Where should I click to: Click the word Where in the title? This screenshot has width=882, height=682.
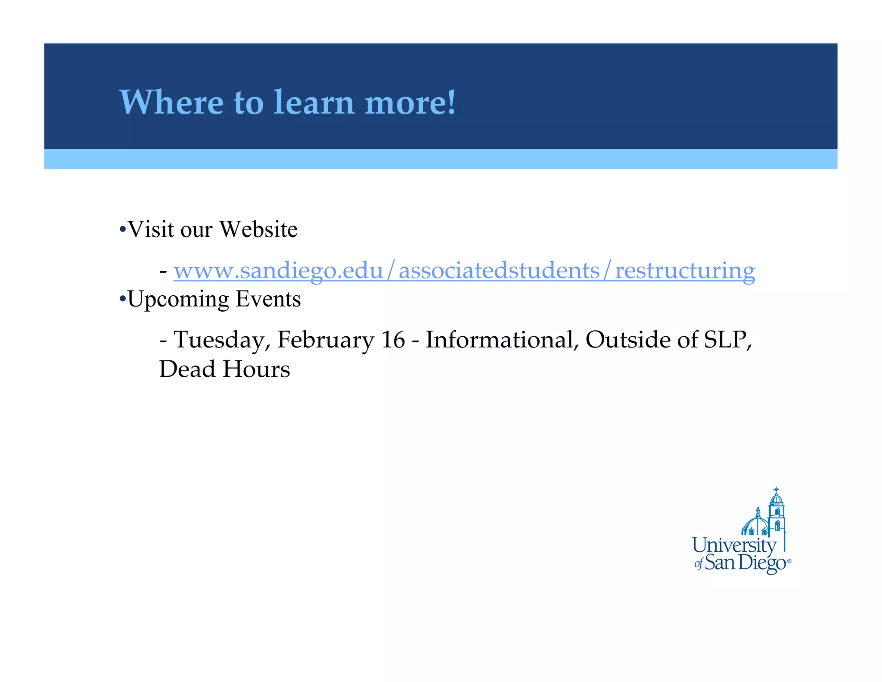point(171,103)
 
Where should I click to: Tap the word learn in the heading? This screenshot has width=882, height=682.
point(314,103)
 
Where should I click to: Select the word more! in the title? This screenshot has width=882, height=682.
point(410,103)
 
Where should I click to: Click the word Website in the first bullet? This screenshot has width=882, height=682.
point(258,229)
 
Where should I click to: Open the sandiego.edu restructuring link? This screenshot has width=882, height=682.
point(464,271)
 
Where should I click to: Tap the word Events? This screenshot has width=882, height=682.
point(268,299)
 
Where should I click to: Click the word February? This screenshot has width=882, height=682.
point(326,340)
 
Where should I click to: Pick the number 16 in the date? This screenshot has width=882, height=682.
point(393,340)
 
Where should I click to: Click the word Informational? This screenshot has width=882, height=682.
point(502,340)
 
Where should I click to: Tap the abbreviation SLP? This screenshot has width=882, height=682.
point(727,340)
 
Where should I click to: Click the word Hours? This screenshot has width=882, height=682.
point(257,369)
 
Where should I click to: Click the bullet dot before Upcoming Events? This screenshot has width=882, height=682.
point(123,298)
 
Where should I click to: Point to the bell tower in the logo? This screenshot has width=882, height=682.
point(776,513)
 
